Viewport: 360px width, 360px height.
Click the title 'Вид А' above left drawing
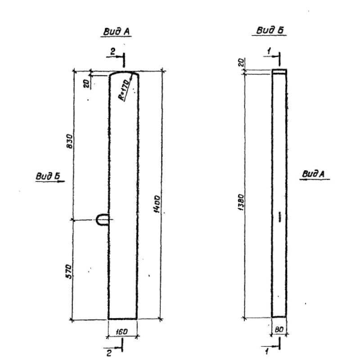tap(117, 31)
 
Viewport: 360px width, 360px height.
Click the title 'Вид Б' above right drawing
tap(270, 30)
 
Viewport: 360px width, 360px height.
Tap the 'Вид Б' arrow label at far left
tap(48, 176)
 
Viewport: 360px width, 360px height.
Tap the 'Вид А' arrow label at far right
tap(313, 174)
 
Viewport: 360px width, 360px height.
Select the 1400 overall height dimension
tap(157, 204)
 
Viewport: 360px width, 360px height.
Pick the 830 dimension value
tap(69, 141)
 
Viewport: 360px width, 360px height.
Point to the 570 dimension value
tap(69, 271)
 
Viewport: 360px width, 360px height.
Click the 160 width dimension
tap(121, 332)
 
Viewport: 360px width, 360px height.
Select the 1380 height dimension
tap(241, 202)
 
